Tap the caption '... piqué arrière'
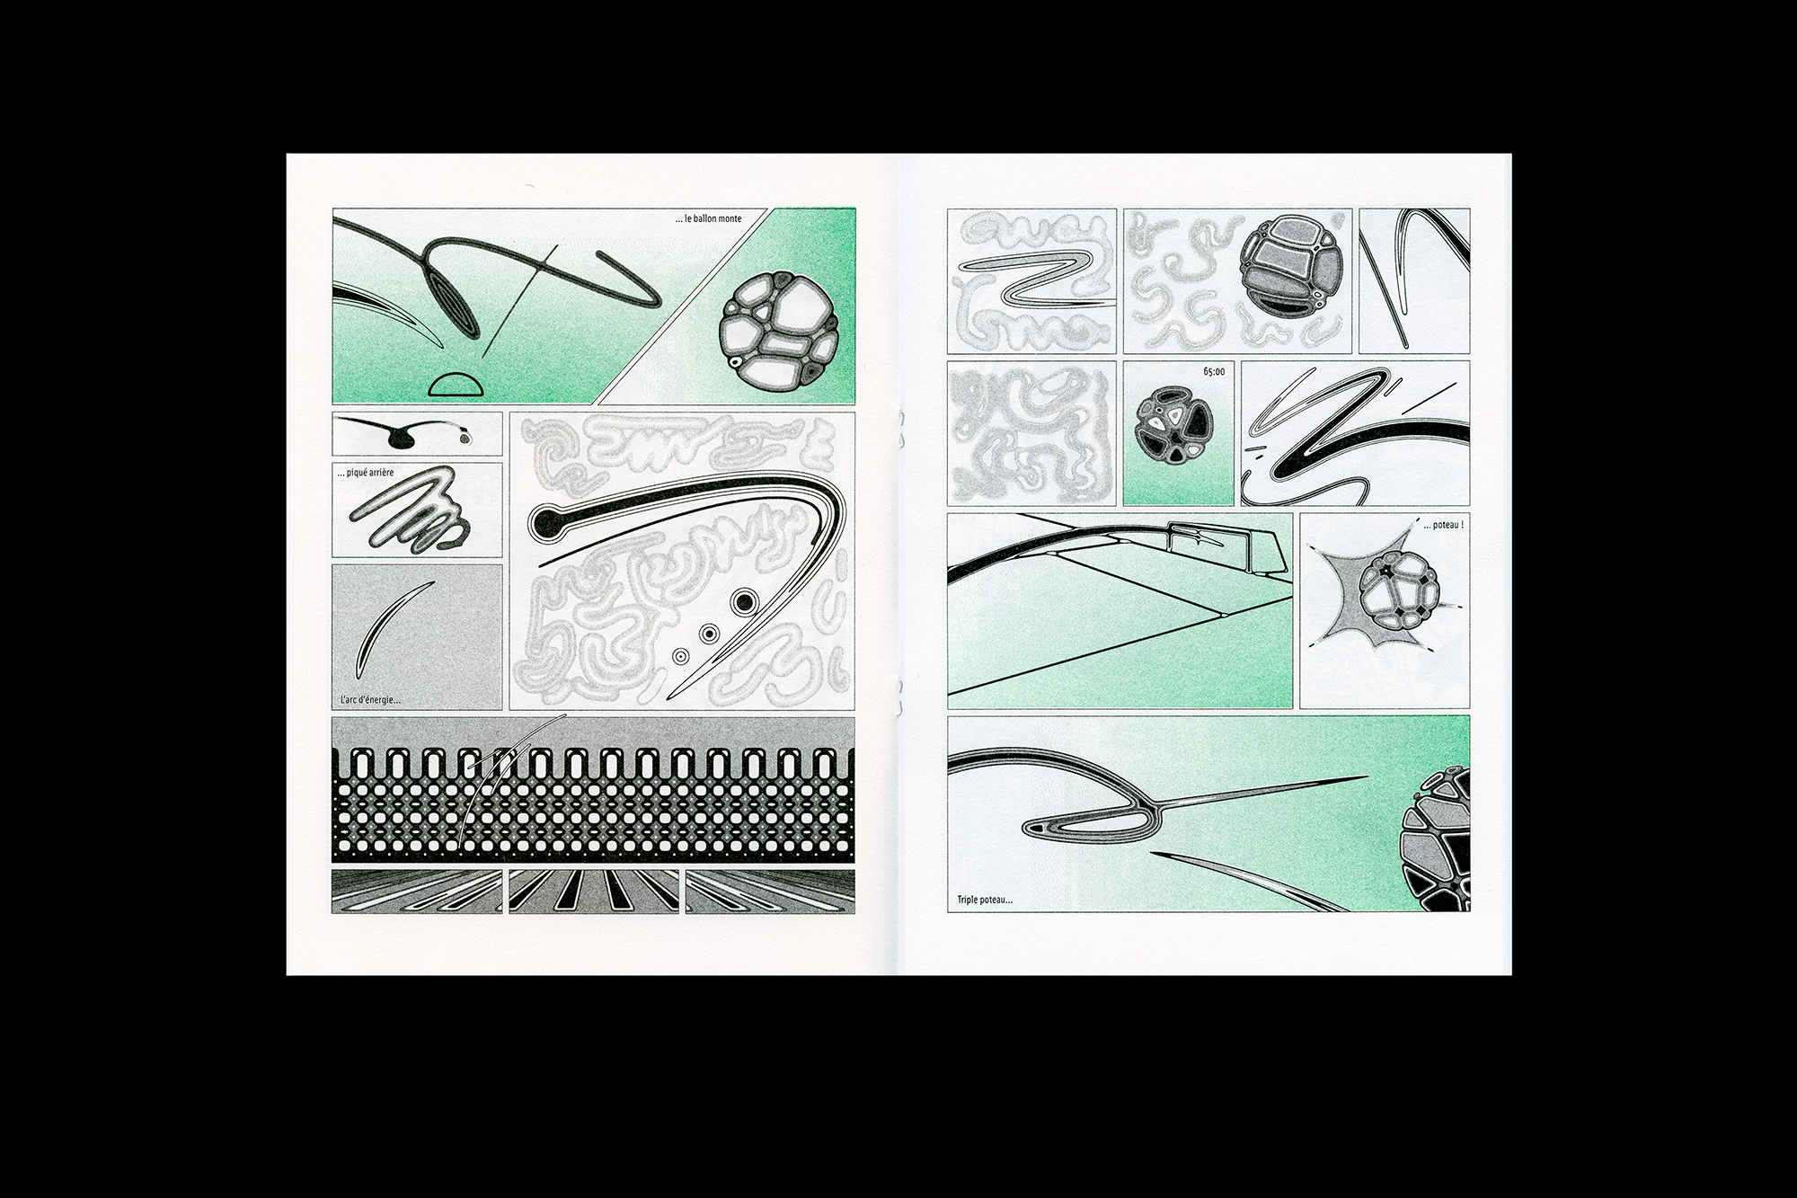pos(367,474)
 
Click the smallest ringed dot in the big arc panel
pos(680,657)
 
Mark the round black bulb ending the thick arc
pos(545,520)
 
